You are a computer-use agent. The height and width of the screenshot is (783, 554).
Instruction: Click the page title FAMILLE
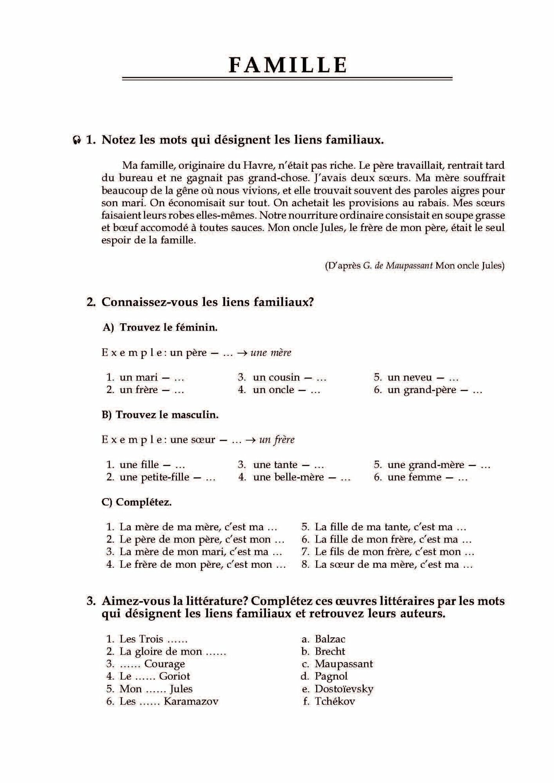[x=288, y=65]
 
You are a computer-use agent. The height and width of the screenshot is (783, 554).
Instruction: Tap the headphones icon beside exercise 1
[x=77, y=140]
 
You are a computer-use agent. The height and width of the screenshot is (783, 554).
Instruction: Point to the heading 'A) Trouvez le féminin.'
[x=160, y=327]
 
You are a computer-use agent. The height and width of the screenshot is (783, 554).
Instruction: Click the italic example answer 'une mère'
[x=271, y=352]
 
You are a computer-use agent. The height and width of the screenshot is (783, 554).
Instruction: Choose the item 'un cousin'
[x=276, y=377]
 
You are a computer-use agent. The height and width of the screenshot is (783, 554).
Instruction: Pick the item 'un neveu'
[x=409, y=377]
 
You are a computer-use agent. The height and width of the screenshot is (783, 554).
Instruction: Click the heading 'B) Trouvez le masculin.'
[x=160, y=415]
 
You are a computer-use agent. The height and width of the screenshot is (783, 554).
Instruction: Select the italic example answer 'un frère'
[x=277, y=440]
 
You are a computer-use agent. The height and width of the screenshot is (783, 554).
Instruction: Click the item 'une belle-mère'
[x=288, y=477]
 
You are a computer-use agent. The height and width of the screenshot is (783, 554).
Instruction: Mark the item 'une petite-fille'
[x=154, y=477]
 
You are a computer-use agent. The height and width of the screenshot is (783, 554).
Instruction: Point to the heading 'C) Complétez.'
[x=136, y=502]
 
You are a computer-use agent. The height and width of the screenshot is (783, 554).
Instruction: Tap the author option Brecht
[x=330, y=651]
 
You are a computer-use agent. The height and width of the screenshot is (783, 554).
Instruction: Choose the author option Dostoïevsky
[x=344, y=689]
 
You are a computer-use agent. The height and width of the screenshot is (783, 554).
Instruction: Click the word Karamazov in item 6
[x=191, y=701]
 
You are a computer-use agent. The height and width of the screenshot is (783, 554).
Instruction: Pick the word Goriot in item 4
[x=174, y=676]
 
